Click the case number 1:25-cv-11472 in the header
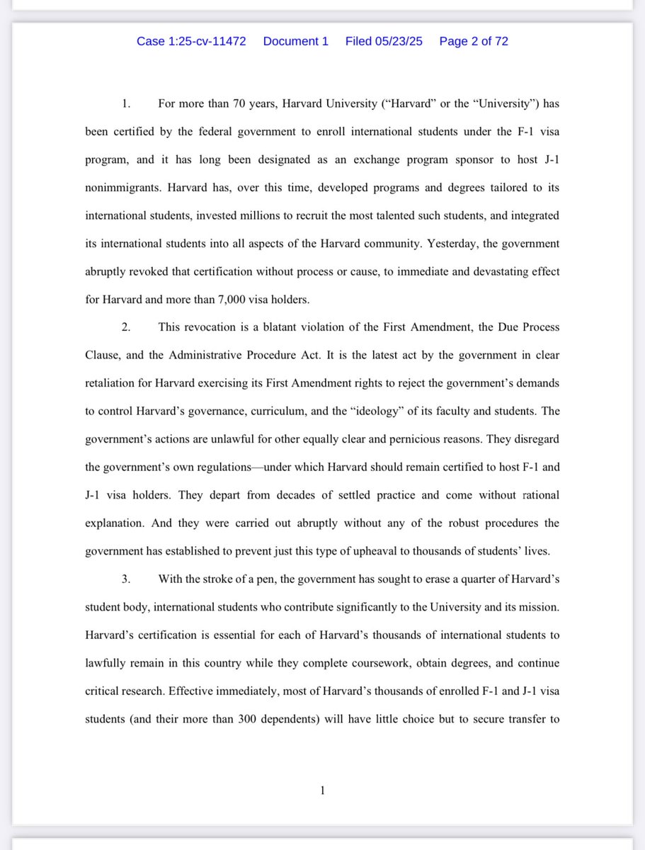[x=191, y=41]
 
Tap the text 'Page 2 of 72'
[x=474, y=41]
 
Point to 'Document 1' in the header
[x=295, y=41]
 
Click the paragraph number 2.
[x=125, y=327]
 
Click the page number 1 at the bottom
[x=323, y=790]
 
